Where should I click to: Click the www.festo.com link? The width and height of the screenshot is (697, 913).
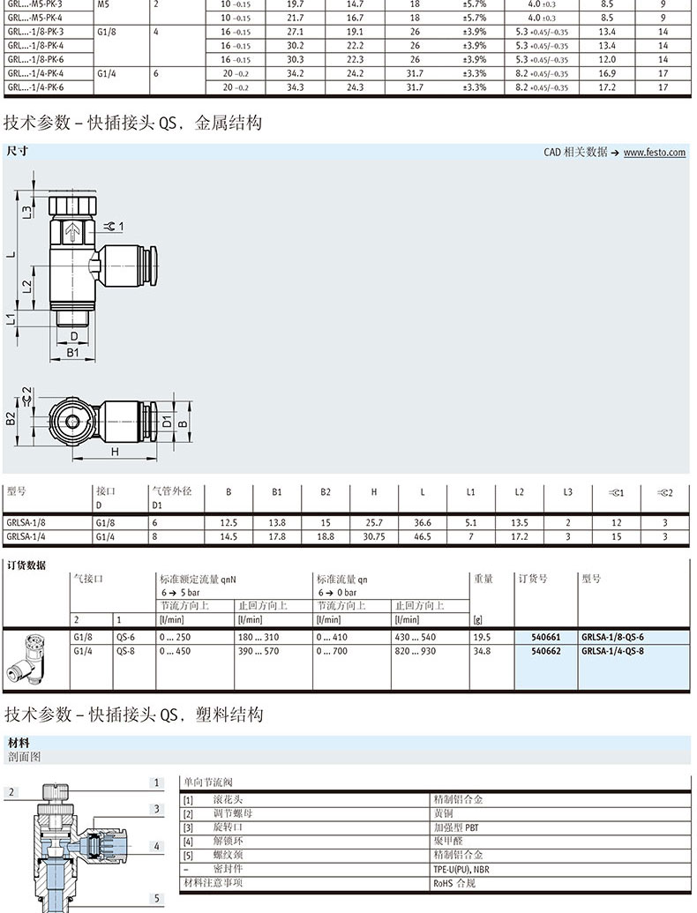(x=654, y=153)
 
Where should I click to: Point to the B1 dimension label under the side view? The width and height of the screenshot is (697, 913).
(x=74, y=352)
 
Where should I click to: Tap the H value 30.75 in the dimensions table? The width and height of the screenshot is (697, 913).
(x=374, y=535)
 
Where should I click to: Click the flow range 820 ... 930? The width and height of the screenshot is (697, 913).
(x=416, y=651)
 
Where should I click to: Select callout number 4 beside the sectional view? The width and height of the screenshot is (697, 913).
(x=157, y=847)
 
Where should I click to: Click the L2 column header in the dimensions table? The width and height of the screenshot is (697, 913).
(x=520, y=491)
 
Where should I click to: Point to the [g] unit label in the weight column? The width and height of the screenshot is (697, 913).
(x=478, y=619)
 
